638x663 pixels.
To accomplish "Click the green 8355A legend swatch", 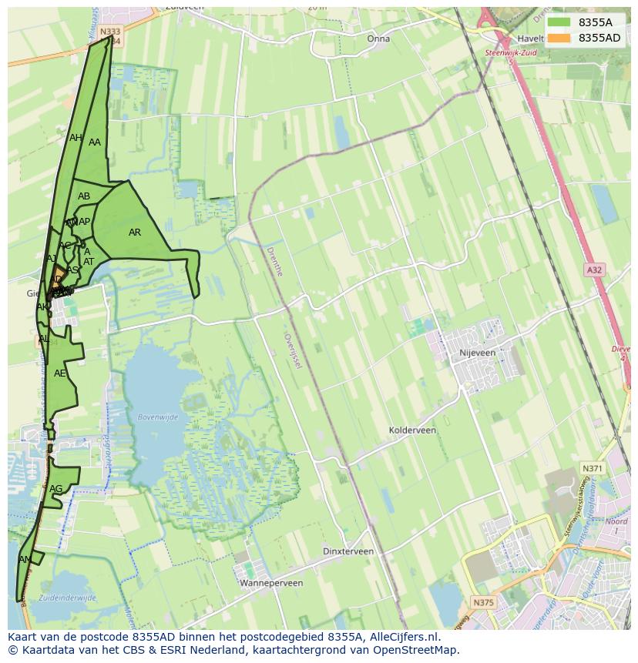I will (559, 22).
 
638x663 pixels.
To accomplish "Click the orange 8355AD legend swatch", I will (559, 38).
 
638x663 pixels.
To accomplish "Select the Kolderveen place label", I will (412, 430).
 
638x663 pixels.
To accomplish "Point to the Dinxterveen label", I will (348, 551).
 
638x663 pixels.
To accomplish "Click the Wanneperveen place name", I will (271, 583).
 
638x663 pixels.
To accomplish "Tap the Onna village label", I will (378, 39).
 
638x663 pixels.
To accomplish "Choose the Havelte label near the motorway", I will (531, 39).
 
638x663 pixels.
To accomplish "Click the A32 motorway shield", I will (593, 270).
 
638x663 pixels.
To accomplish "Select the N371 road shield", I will (592, 468).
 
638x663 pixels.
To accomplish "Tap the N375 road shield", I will (483, 602).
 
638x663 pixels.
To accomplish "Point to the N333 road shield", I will (110, 32).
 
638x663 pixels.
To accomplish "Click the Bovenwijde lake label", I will (157, 417).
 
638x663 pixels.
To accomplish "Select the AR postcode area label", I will (135, 233).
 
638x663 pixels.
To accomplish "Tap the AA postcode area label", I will (95, 142).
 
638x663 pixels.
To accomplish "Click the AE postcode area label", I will (60, 373).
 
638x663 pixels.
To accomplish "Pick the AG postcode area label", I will (55, 489).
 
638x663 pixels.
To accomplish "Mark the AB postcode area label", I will (84, 196).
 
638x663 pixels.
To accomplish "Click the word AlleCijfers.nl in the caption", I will (402, 637).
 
